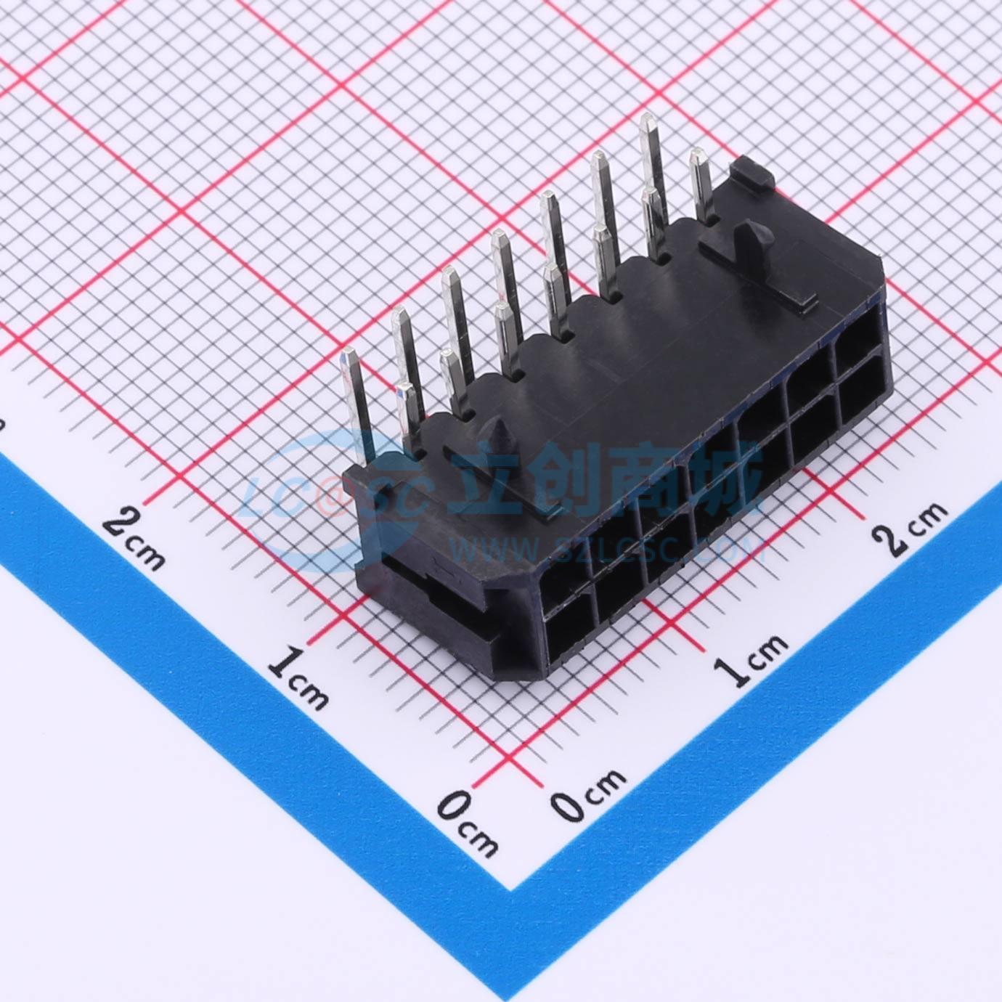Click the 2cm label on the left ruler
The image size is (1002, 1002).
[x=134, y=539]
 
